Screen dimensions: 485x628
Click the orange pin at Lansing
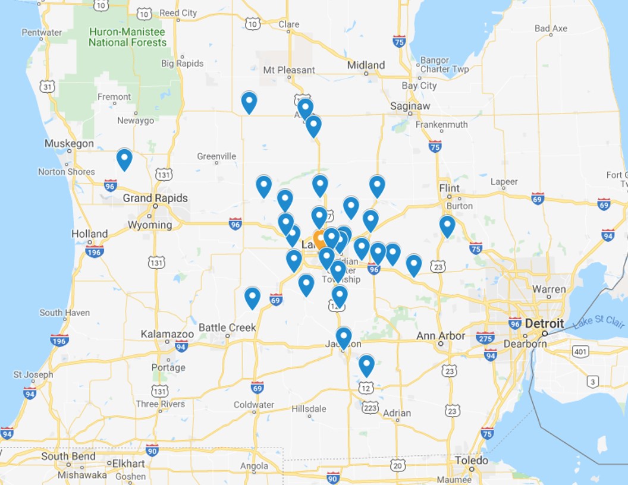tap(319, 238)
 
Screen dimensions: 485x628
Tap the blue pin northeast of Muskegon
tap(124, 159)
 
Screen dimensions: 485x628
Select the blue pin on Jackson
tap(343, 337)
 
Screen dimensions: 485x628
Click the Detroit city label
tap(544, 324)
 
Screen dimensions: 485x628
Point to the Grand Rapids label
tap(155, 198)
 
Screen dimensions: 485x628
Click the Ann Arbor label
tap(441, 336)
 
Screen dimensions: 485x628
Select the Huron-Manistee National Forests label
tap(127, 37)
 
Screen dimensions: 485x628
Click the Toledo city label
tap(472, 461)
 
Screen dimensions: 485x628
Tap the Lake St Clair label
tap(599, 323)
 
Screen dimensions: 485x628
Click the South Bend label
tap(68, 456)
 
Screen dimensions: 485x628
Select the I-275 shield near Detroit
tap(485, 337)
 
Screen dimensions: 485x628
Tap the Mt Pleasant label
tap(289, 70)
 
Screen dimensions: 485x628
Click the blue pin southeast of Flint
tap(447, 225)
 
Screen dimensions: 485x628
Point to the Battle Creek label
tap(227, 327)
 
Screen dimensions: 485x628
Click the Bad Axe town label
tap(551, 29)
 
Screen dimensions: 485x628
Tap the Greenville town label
tap(216, 156)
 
